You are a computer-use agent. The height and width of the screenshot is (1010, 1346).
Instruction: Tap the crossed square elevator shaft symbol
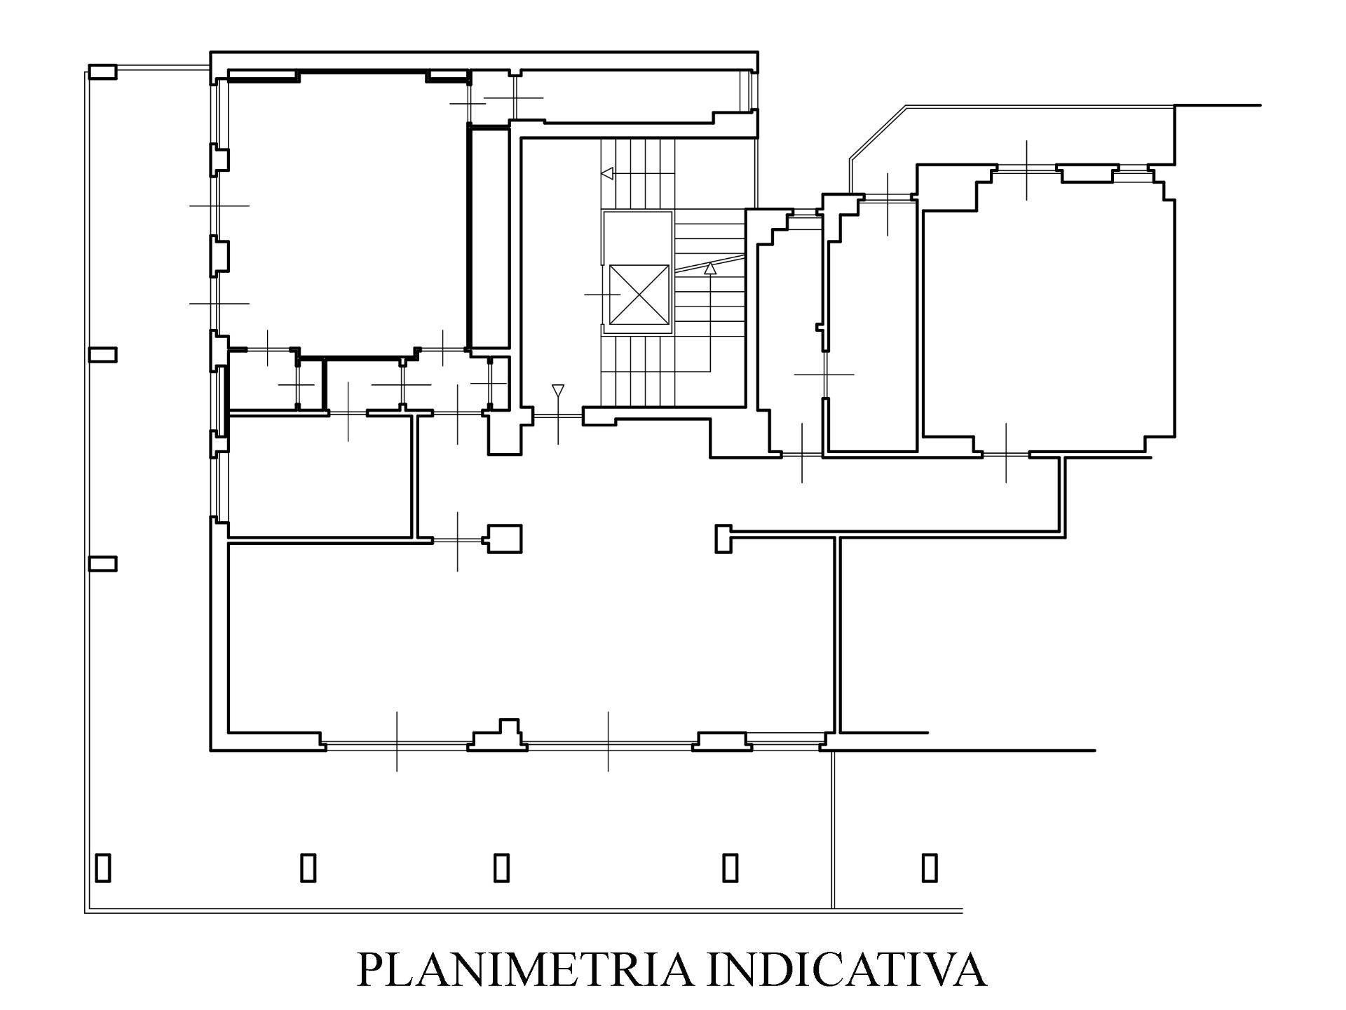pyautogui.click(x=639, y=295)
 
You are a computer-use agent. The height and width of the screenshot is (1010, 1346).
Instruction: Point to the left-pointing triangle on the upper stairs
pyautogui.click(x=607, y=173)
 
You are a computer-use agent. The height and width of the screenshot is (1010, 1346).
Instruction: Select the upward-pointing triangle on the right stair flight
pyautogui.click(x=710, y=267)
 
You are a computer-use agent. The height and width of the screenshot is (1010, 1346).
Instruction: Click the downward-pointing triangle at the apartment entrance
pyautogui.click(x=558, y=390)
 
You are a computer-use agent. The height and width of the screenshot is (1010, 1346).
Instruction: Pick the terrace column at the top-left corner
pyautogui.click(x=102, y=72)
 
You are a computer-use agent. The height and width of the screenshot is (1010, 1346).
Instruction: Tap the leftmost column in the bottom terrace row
pyautogui.click(x=103, y=867)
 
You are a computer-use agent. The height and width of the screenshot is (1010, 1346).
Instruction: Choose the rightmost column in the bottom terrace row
pyautogui.click(x=930, y=867)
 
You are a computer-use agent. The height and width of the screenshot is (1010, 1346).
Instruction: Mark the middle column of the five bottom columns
pyautogui.click(x=501, y=867)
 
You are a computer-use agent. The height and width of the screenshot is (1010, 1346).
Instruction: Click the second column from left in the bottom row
pyautogui.click(x=308, y=867)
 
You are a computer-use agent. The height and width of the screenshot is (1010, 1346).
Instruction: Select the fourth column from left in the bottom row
pyautogui.click(x=730, y=867)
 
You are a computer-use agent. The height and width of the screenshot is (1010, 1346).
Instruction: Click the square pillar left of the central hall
pyautogui.click(x=505, y=539)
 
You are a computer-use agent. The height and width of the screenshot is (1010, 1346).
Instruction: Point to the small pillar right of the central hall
pyautogui.click(x=723, y=539)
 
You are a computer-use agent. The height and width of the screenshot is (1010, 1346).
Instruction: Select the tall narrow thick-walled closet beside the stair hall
pyautogui.click(x=489, y=236)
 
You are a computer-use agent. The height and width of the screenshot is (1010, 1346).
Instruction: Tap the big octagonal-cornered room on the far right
pyautogui.click(x=1048, y=309)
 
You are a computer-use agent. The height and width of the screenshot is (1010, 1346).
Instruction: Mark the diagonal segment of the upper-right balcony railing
pyautogui.click(x=876, y=131)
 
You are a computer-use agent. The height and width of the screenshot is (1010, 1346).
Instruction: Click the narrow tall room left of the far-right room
pyautogui.click(x=873, y=326)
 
